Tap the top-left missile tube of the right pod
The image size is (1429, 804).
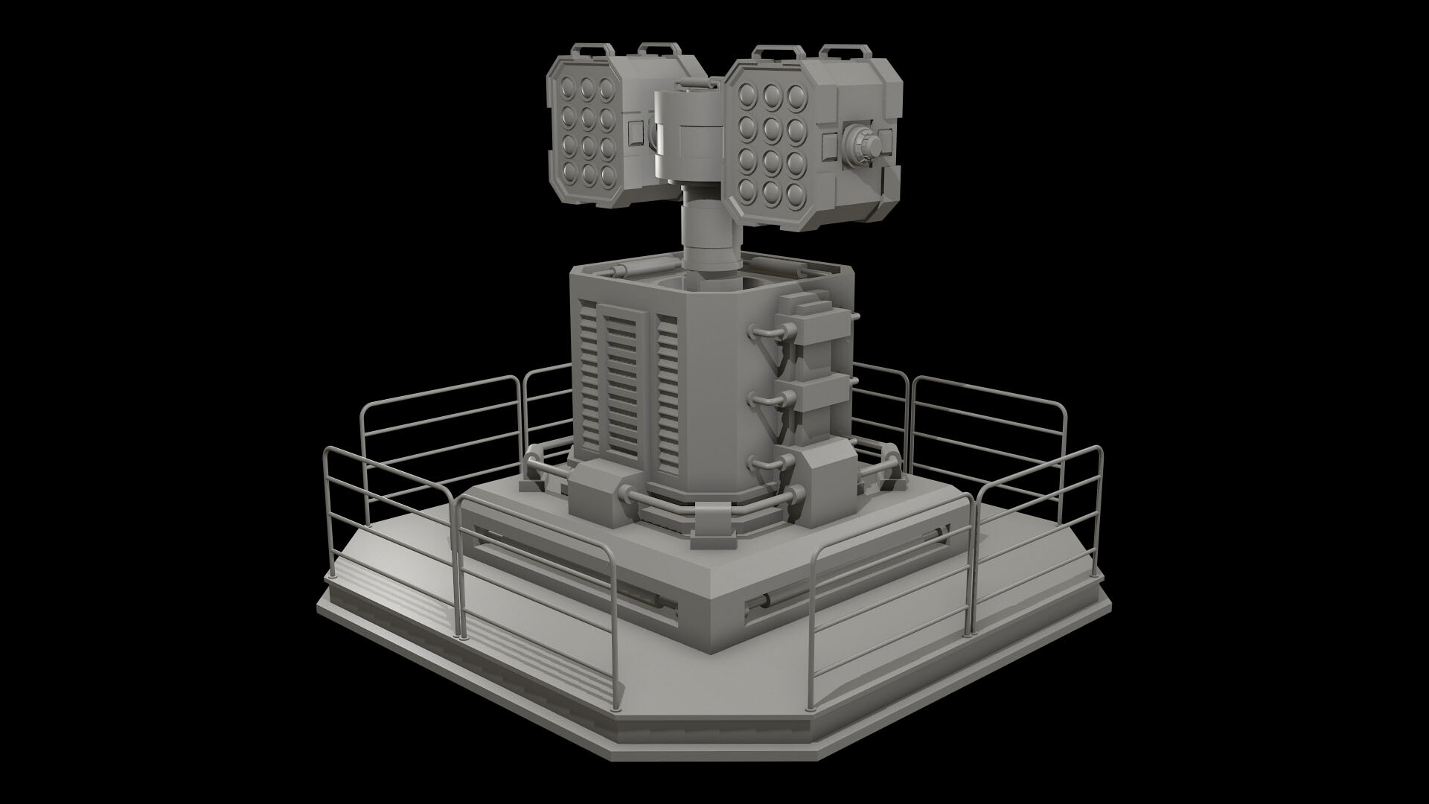click(747, 95)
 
